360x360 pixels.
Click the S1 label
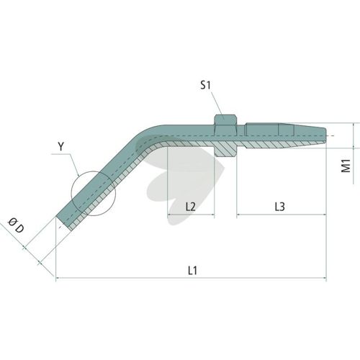205,86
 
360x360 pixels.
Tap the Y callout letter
61,146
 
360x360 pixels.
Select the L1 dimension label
192,271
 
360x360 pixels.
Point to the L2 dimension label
191,207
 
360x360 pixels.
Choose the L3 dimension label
280,207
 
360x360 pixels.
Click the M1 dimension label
346,166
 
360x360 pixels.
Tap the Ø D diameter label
17,225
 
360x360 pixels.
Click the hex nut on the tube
225,136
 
